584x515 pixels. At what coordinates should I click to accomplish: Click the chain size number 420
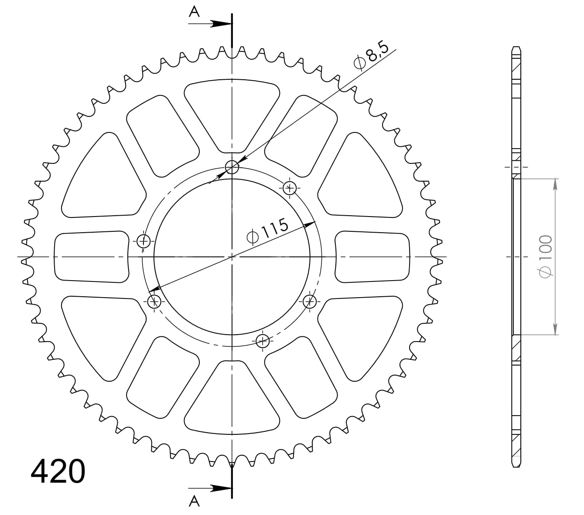[x=58, y=471]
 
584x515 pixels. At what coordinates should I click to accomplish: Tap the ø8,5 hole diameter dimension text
[x=371, y=56]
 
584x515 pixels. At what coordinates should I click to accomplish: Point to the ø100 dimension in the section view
[x=545, y=257]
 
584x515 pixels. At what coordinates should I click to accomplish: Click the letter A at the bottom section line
[x=194, y=501]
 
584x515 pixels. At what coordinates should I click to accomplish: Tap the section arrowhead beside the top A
[x=221, y=24]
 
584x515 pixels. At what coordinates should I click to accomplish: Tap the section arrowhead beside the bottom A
[x=221, y=488]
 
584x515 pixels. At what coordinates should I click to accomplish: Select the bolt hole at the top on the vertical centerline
[x=232, y=167]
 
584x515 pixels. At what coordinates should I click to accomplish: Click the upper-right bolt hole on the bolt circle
[x=290, y=188]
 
